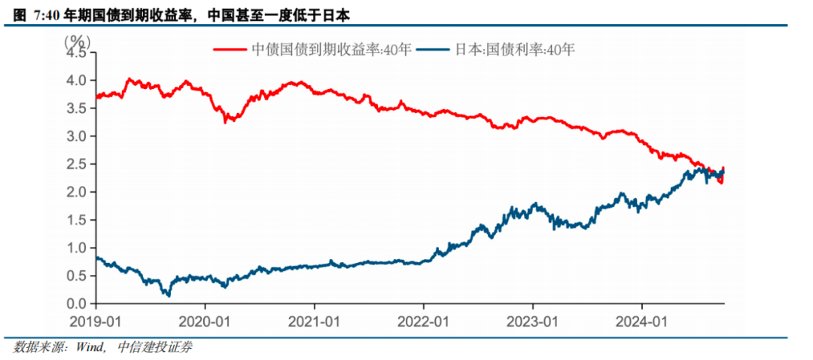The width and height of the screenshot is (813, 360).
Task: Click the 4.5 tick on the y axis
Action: (78, 53)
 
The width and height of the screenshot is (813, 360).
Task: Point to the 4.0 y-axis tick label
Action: (78, 81)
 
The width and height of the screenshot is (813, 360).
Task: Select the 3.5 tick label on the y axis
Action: (78, 108)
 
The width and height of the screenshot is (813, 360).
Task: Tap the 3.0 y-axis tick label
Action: (78, 136)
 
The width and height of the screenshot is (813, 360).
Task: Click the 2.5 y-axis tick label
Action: (78, 164)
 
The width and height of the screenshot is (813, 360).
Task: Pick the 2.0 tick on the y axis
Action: (78, 192)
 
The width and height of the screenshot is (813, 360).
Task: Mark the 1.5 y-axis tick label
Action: (78, 220)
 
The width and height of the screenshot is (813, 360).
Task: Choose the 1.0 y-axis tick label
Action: (78, 248)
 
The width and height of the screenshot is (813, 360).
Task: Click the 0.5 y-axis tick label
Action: (78, 276)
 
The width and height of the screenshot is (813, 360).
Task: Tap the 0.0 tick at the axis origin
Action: (78, 304)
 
